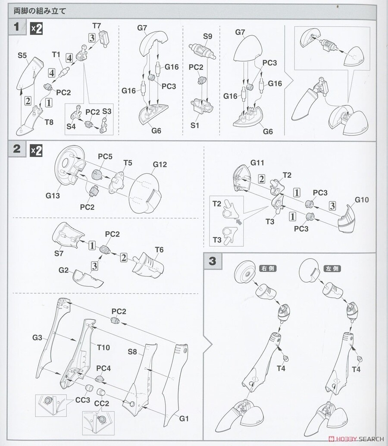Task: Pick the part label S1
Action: click(x=195, y=125)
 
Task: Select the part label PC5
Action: click(x=105, y=157)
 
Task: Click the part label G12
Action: click(x=159, y=164)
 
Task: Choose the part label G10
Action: click(x=362, y=200)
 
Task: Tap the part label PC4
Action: click(x=104, y=368)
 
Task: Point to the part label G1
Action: click(x=184, y=418)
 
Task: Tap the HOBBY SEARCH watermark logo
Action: click(x=358, y=439)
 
